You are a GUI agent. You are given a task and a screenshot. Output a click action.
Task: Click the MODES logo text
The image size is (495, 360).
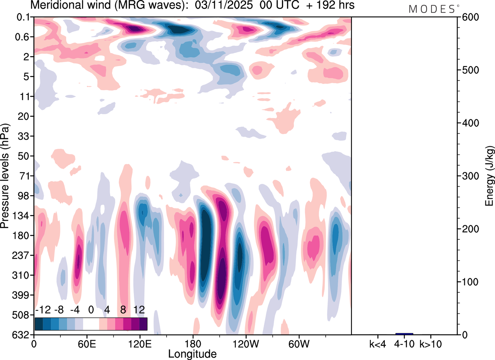[x=432, y=9]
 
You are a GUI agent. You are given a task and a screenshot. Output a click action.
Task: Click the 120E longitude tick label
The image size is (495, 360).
[x=140, y=343]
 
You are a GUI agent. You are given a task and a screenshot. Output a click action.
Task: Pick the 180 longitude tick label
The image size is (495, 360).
[x=193, y=343]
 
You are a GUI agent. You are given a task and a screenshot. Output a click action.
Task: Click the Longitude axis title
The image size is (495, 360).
[x=192, y=353]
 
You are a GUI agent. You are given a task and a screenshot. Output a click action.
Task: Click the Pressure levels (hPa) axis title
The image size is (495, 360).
[x=5, y=176]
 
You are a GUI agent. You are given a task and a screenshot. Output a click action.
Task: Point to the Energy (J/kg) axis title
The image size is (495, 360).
[x=490, y=176]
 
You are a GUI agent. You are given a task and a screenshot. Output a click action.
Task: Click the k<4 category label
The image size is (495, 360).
[x=377, y=343]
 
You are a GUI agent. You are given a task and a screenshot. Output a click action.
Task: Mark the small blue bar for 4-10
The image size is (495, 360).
[x=404, y=334]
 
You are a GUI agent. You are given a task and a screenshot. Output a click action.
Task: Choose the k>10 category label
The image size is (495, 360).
[x=431, y=343]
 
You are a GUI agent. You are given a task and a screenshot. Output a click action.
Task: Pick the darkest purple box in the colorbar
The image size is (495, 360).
[x=143, y=324]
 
